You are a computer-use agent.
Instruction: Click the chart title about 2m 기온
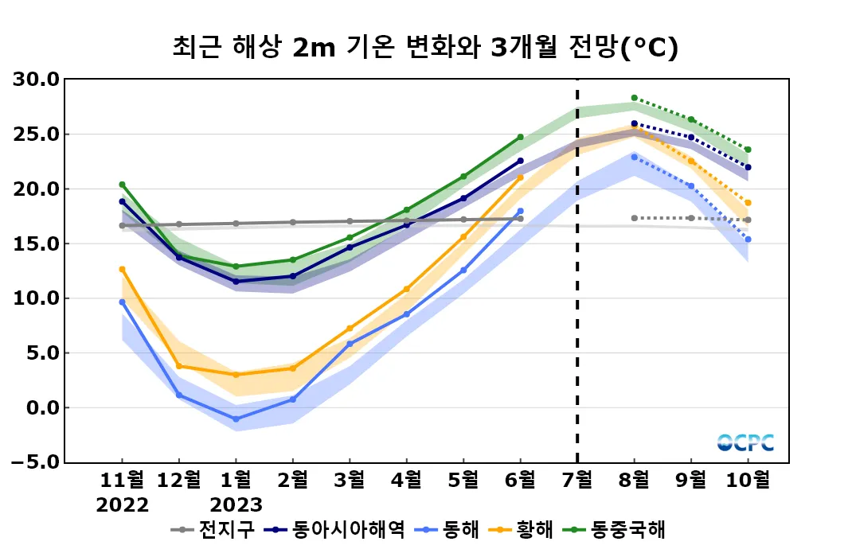tap(425, 48)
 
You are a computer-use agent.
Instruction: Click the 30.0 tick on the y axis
tap(37, 80)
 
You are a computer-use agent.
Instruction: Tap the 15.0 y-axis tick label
tap(37, 243)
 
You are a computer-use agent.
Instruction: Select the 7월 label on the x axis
tap(577, 481)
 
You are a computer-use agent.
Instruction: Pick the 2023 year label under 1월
tap(236, 505)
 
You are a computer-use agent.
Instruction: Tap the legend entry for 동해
tap(451, 529)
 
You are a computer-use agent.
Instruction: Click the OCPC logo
tap(745, 442)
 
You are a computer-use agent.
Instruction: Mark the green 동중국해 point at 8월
tap(635, 98)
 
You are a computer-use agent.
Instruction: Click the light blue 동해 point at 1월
tap(236, 419)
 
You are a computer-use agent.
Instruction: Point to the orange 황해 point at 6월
tap(521, 177)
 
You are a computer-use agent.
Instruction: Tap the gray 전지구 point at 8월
tap(635, 218)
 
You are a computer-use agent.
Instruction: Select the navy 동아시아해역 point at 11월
tap(122, 201)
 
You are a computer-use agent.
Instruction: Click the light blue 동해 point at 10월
tap(748, 240)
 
